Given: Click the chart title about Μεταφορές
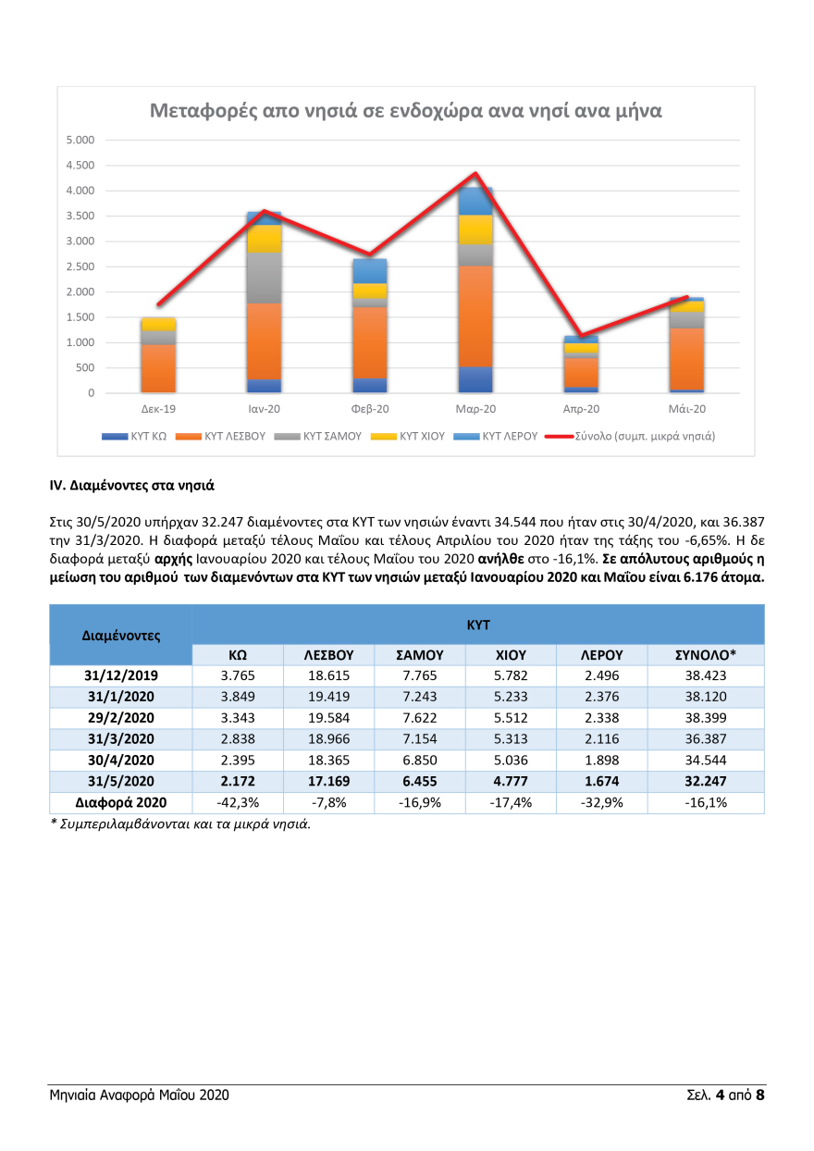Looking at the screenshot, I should [405, 112].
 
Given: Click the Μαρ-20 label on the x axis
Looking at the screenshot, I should [475, 409].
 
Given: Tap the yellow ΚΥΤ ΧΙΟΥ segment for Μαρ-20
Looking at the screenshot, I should [475, 229].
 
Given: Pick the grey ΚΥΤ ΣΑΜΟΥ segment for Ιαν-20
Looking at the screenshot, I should [264, 278].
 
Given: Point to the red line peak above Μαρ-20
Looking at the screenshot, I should [475, 173].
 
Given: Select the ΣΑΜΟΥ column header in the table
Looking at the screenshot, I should [420, 654].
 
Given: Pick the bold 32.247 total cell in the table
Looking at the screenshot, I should [706, 781].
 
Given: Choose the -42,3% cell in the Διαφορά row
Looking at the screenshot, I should [237, 802].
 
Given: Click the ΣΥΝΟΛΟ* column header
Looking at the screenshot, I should [706, 654].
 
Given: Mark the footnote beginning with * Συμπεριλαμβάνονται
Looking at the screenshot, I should [180, 824].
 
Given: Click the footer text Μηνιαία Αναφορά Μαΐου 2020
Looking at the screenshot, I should [140, 1095].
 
